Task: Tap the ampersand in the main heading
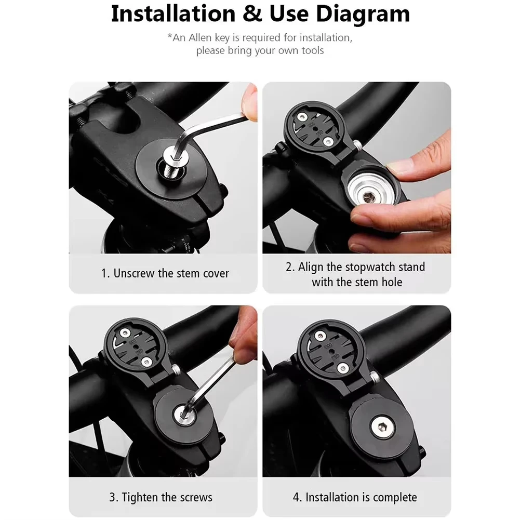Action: point(252,14)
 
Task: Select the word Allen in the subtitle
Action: point(200,38)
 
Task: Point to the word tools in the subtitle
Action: point(312,50)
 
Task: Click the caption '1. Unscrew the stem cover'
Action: point(165,273)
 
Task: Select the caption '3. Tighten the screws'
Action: point(161,497)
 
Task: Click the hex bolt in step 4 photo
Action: point(382,427)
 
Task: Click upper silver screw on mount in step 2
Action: point(301,117)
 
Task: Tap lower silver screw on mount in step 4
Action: point(342,367)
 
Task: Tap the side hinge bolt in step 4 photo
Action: point(375,377)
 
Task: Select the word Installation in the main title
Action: point(173,14)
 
